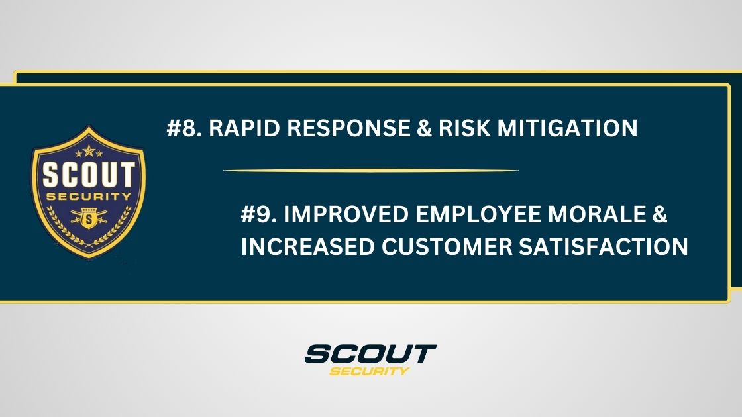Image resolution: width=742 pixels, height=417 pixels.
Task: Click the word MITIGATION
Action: point(568,128)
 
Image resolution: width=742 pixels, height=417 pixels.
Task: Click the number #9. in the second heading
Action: point(258,216)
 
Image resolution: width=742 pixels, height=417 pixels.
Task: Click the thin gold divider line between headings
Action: point(371,171)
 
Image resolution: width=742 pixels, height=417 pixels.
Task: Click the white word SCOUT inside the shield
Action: point(89,175)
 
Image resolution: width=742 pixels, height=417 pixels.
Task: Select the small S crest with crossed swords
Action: point(89,217)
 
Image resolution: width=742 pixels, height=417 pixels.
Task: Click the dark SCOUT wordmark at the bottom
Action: point(370,353)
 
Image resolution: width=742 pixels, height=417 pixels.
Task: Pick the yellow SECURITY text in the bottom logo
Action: point(370,371)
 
